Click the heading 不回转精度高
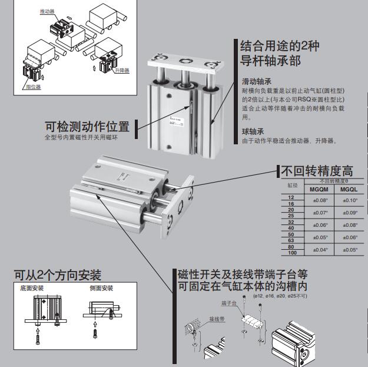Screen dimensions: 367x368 point(317,171)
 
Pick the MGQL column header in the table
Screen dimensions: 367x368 point(349,190)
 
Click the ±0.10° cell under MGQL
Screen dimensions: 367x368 point(349,200)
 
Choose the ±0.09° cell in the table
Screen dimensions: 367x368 point(349,213)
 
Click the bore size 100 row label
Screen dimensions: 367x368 point(291,253)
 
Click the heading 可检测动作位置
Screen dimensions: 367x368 point(87,127)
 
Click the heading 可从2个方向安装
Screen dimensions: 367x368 point(58,275)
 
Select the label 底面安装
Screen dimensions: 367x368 point(32,289)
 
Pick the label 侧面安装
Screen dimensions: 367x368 point(101,289)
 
